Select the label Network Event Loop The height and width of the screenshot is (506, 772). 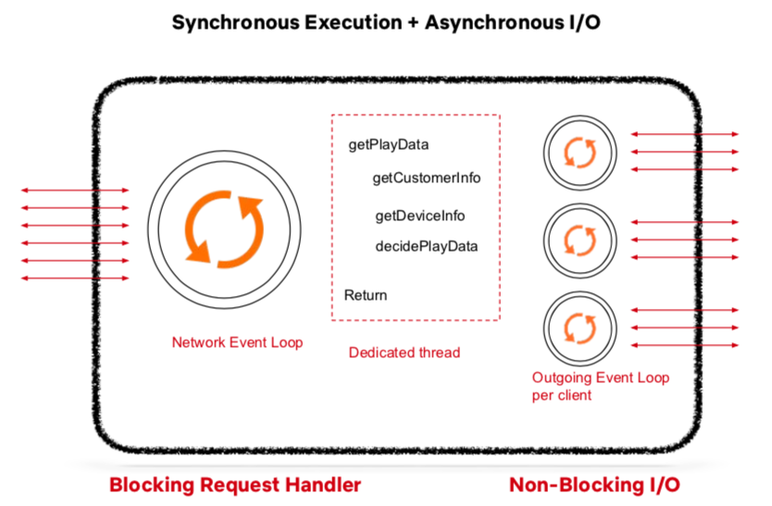pyautogui.click(x=237, y=342)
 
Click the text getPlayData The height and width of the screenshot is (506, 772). pyautogui.click(x=388, y=144)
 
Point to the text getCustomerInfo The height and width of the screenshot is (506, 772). pyautogui.click(x=427, y=177)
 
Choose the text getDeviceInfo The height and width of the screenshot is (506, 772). pyautogui.click(x=419, y=216)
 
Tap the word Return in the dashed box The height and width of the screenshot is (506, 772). pyautogui.click(x=366, y=295)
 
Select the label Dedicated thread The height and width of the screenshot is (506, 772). pyautogui.click(x=404, y=352)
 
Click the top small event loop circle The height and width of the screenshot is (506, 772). pyautogui.click(x=579, y=151)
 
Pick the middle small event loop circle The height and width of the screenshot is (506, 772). pyautogui.click(x=579, y=239)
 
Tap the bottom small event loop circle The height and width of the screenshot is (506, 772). pyautogui.click(x=579, y=326)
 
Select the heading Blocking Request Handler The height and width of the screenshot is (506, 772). pyautogui.click(x=235, y=485)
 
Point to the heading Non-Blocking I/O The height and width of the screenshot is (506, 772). pyautogui.click(x=594, y=485)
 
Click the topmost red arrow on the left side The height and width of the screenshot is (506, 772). pyautogui.click(x=75, y=191)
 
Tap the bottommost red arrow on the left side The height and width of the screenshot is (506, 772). pyautogui.click(x=75, y=278)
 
